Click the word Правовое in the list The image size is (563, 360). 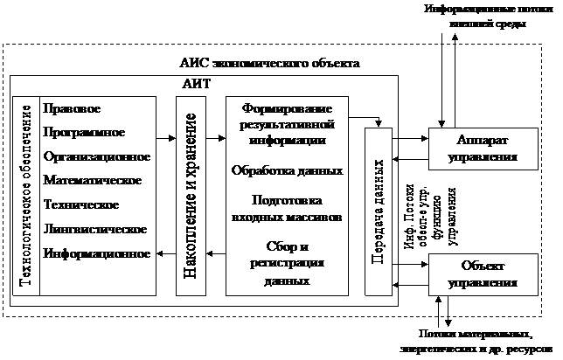click(x=71, y=108)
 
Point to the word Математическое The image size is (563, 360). click(x=92, y=181)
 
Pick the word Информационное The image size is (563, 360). click(x=94, y=253)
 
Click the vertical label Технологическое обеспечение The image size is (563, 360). click(x=25, y=196)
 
